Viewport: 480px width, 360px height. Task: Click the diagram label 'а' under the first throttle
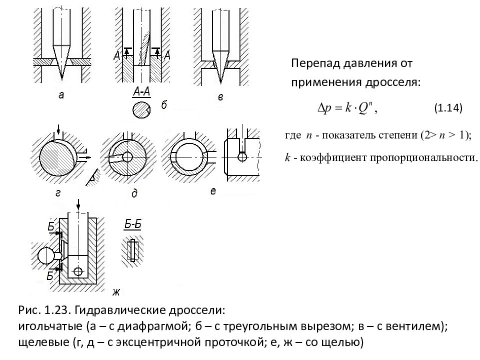tap(61, 96)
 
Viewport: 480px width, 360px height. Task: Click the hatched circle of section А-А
tap(141, 109)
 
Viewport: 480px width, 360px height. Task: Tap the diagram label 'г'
tap(58, 193)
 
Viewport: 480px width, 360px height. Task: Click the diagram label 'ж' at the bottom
tap(117, 291)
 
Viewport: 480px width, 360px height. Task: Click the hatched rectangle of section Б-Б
tap(132, 250)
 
